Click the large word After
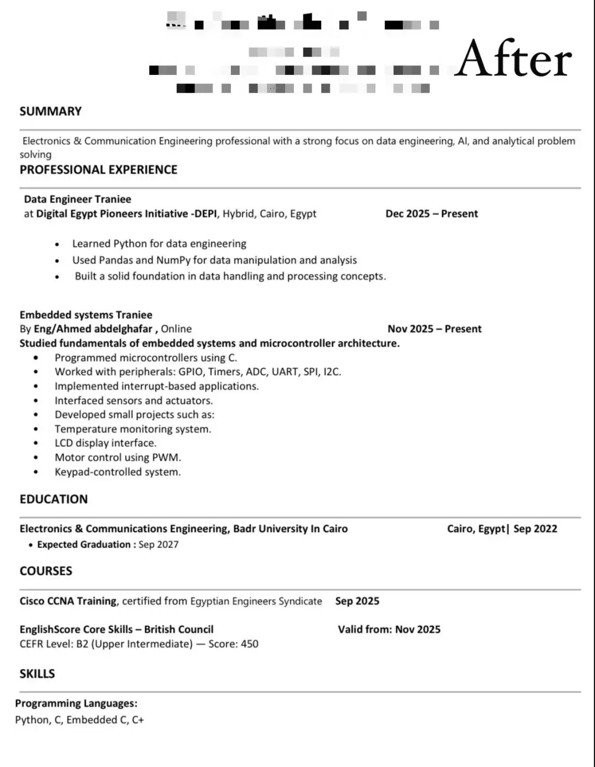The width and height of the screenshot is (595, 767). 513,60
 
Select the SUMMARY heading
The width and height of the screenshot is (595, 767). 51,111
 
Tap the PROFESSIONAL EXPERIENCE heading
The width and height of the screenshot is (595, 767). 98,170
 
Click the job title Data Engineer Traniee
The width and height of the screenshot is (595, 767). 77,199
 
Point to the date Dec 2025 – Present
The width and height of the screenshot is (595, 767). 431,214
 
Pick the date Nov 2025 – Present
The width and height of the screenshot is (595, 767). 434,328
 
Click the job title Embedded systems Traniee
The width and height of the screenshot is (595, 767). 86,315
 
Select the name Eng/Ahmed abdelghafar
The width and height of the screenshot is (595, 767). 93,329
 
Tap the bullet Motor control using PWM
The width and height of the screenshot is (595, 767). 118,458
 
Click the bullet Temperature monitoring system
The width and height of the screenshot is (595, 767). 133,429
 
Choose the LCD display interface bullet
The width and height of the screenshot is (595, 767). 105,443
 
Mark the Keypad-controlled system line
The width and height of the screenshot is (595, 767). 117,472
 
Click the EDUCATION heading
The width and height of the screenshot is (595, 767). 54,499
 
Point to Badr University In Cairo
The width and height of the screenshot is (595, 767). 290,528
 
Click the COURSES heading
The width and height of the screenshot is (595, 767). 46,571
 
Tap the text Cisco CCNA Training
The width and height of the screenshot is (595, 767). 68,601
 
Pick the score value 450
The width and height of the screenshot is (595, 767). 249,644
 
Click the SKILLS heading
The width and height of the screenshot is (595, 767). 37,674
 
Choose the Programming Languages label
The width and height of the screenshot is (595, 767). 76,703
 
